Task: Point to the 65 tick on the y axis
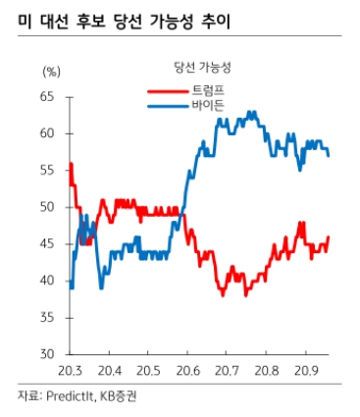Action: pos(48,96)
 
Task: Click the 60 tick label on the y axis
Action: pos(48,133)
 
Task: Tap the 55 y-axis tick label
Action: pos(48,170)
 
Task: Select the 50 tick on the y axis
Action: pos(48,207)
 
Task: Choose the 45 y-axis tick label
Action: pos(48,243)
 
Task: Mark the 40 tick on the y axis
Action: pos(48,281)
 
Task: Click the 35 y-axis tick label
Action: pos(48,317)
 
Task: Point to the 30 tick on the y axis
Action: pos(48,354)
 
